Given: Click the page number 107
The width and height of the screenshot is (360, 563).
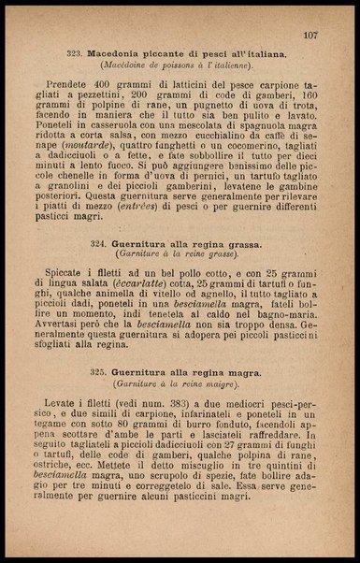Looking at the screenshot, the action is coord(310,35).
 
